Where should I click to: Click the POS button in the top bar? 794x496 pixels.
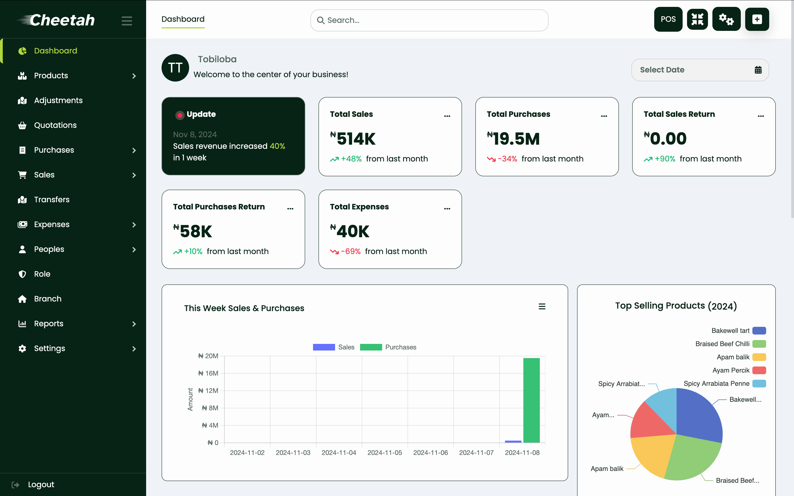click(x=668, y=19)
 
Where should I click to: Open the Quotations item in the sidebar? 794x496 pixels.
click(x=55, y=125)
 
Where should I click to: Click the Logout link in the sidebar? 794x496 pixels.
click(x=41, y=484)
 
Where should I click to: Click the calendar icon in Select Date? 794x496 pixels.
click(x=758, y=70)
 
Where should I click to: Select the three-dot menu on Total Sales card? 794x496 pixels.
click(x=447, y=116)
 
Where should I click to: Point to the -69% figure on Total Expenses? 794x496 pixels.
click(x=351, y=252)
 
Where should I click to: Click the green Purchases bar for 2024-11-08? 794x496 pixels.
click(x=531, y=400)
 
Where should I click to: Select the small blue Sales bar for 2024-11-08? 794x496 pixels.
click(x=513, y=441)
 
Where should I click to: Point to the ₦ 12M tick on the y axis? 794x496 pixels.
click(x=208, y=391)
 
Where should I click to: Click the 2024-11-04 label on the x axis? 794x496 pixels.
click(x=339, y=453)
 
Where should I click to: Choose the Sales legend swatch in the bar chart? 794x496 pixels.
click(x=323, y=347)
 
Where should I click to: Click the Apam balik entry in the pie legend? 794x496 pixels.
click(x=733, y=357)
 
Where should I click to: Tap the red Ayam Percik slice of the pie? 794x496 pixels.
click(x=648, y=422)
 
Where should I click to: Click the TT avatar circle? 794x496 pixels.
click(x=175, y=68)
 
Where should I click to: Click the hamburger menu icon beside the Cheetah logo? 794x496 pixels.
click(x=127, y=21)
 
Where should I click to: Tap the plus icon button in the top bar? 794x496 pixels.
click(x=757, y=19)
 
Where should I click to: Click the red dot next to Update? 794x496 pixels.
click(x=179, y=115)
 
